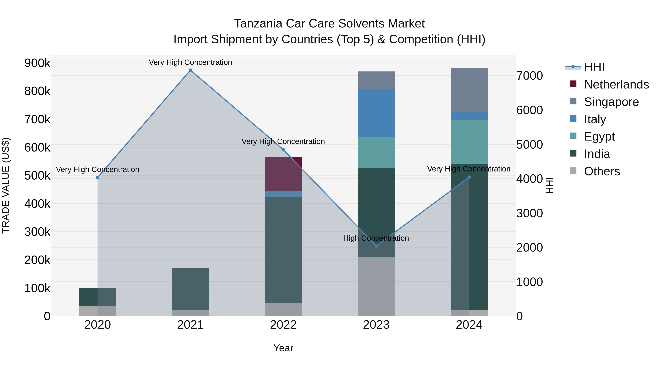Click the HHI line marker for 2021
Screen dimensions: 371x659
(190, 70)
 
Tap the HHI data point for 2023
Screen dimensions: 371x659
(376, 246)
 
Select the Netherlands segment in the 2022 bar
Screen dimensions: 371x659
(283, 174)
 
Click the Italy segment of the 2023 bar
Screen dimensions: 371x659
(376, 113)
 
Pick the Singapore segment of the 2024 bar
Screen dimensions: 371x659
(469, 90)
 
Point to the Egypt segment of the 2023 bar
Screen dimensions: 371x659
(376, 152)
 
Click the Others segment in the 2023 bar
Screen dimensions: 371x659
(376, 287)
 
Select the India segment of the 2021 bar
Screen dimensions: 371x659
(190, 289)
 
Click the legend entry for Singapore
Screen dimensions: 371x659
(611, 102)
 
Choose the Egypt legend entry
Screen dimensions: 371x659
(599, 136)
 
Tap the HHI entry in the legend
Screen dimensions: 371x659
(594, 67)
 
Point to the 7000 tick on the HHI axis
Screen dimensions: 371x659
(529, 76)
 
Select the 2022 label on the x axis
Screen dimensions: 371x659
(283, 325)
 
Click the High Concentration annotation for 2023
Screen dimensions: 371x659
(376, 238)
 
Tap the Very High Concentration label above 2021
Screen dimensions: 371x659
(190, 62)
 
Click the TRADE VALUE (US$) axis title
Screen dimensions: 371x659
(6, 185)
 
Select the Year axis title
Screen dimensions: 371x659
(283, 348)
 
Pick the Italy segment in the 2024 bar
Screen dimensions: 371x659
(469, 116)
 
